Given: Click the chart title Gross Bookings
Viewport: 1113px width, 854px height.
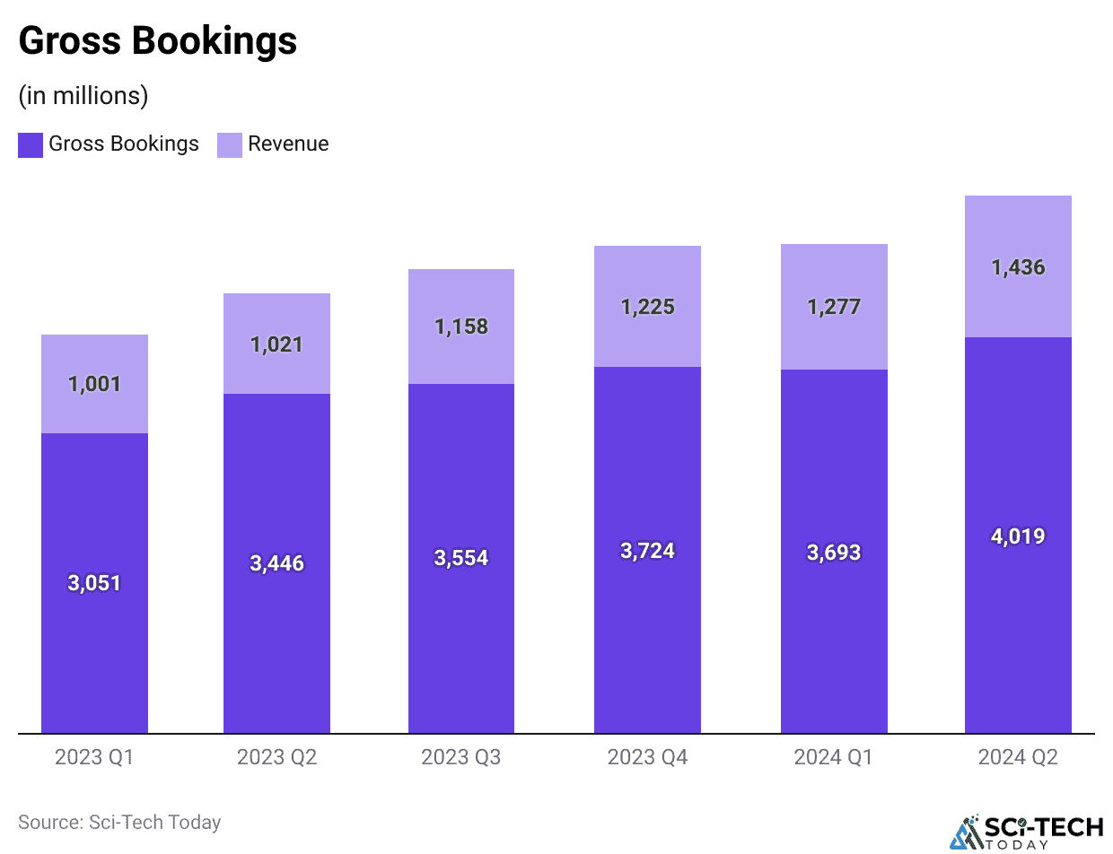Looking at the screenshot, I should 157,41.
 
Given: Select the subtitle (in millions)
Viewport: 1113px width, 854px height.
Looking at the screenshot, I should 83,95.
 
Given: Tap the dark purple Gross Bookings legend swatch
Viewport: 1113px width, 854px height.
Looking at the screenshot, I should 31,144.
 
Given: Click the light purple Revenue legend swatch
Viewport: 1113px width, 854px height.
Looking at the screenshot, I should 230,144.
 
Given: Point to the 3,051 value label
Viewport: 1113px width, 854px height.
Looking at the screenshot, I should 94,583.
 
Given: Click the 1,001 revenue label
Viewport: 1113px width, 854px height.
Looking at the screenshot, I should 94,384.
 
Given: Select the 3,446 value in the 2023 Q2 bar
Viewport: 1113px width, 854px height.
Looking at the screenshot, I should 276,563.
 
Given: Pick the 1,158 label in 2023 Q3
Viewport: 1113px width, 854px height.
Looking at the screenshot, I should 461,327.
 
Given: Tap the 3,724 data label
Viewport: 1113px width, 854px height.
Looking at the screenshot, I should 647,551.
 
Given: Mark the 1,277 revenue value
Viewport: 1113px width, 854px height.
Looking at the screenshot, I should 834,307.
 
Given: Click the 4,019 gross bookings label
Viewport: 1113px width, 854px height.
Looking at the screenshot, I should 1018,536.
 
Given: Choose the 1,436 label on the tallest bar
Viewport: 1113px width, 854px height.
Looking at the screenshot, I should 1018,267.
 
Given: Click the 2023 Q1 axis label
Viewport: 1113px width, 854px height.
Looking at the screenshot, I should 94,757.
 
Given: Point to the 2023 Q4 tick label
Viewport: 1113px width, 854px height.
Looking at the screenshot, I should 647,757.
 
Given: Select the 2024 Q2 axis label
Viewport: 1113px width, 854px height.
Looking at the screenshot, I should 1018,757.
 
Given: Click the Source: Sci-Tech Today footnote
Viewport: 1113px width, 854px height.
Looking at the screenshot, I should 119,822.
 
